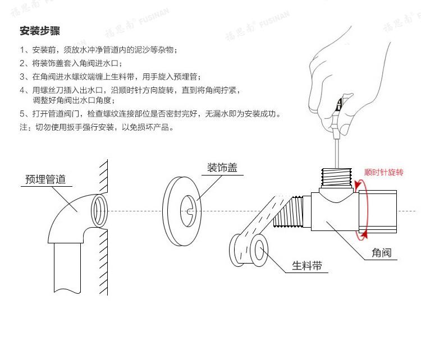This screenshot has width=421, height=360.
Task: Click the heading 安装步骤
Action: pyautogui.click(x=40, y=31)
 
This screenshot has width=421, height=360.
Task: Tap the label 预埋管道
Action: pyautogui.click(x=45, y=179)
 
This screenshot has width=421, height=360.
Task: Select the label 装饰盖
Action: pyautogui.click(x=222, y=168)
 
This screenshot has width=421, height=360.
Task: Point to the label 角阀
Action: pyautogui.click(x=382, y=253)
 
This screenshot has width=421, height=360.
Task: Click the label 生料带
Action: pyautogui.click(x=307, y=266)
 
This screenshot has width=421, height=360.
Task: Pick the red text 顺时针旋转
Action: pyautogui.click(x=384, y=172)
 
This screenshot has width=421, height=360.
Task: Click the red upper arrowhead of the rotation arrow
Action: pyautogui.click(x=357, y=185)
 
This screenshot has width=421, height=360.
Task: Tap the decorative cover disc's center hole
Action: pyautogui.click(x=188, y=211)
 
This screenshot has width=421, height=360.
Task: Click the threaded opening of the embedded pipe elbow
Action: pyautogui.click(x=99, y=211)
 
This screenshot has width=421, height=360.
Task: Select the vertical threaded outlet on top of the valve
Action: pyautogui.click(x=336, y=177)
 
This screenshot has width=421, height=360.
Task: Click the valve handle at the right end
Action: pyautogui.click(x=378, y=211)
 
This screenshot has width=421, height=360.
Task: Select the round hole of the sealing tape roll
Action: pyautogui.click(x=259, y=250)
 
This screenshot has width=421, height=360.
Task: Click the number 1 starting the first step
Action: pyautogui.click(x=22, y=50)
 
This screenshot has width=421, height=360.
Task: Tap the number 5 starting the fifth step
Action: pyautogui.click(x=22, y=114)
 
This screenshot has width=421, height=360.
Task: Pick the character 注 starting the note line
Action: pyautogui.click(x=24, y=127)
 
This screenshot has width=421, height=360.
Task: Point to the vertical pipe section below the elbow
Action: pyautogui.click(x=67, y=267)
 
